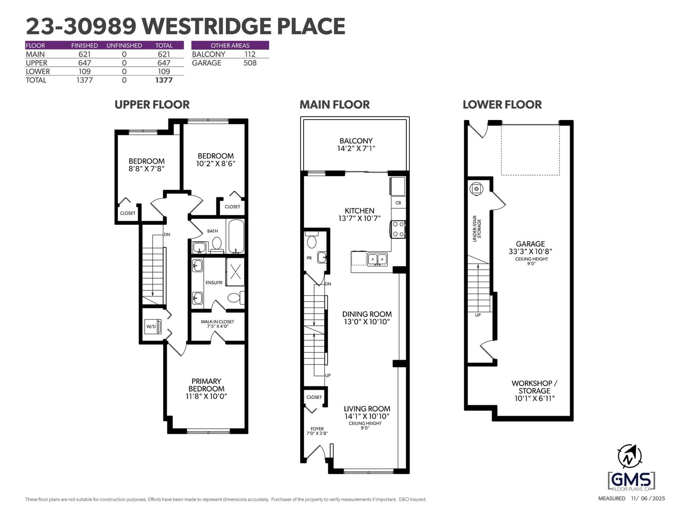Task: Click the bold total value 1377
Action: (x=164, y=80)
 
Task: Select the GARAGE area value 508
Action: (x=250, y=63)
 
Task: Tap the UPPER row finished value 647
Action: (x=84, y=63)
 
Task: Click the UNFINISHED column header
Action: (x=124, y=45)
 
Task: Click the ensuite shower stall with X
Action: (x=235, y=272)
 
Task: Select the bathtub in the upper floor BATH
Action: (x=236, y=237)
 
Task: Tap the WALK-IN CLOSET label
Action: (x=217, y=322)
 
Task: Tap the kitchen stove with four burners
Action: (x=398, y=229)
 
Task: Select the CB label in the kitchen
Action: (x=398, y=202)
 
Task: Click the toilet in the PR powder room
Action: (x=311, y=241)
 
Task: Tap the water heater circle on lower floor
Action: (x=476, y=189)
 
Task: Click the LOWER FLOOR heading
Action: (x=502, y=104)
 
